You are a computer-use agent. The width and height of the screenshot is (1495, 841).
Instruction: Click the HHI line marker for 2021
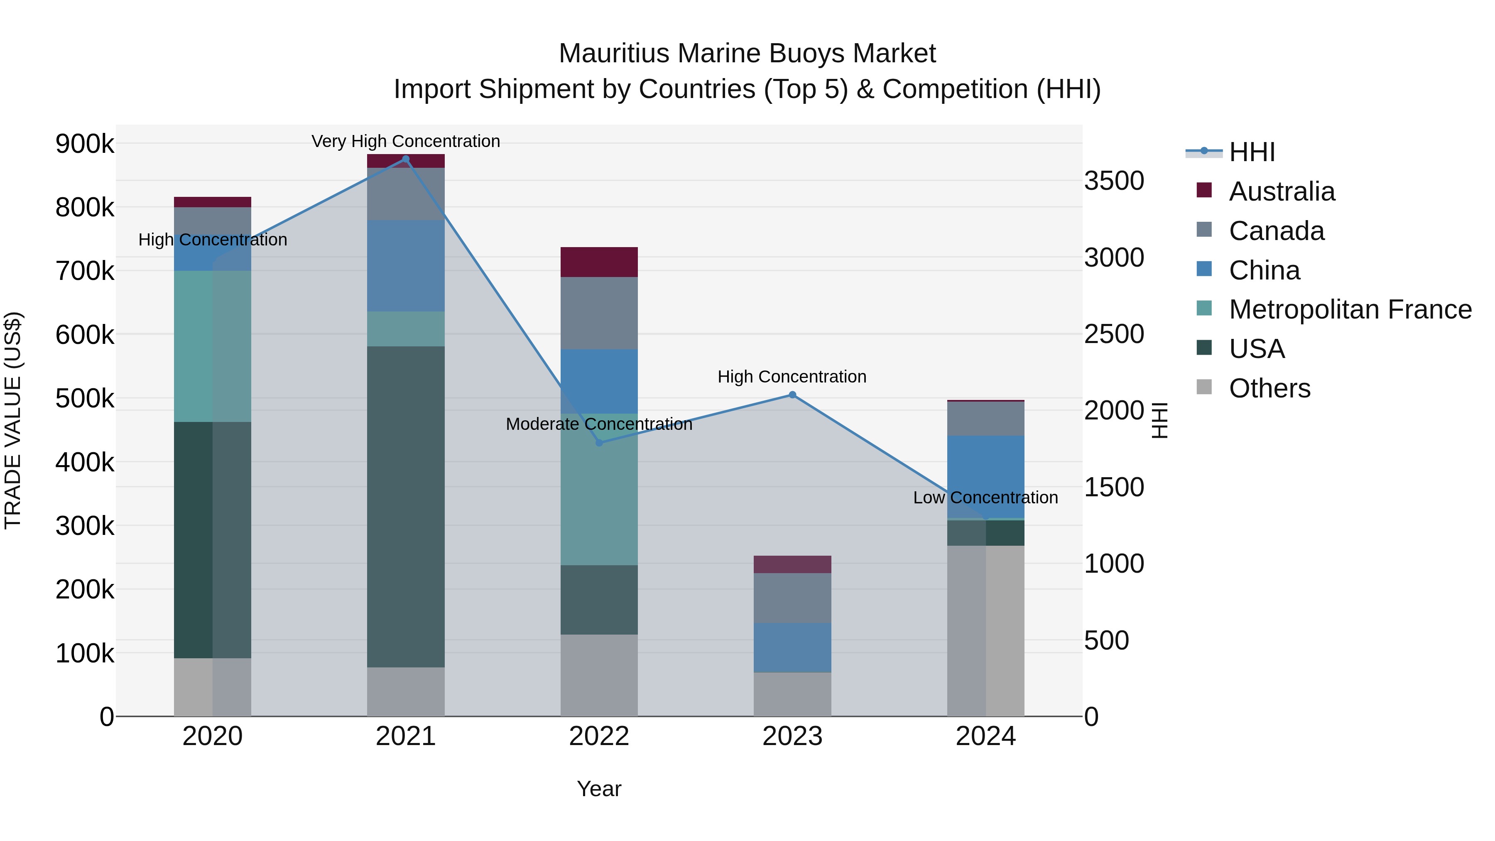[406, 159]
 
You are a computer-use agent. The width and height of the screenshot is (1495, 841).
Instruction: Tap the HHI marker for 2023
[792, 395]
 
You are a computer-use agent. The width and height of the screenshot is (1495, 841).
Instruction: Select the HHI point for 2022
[600, 443]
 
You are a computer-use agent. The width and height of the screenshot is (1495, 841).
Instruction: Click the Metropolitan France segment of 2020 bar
[212, 346]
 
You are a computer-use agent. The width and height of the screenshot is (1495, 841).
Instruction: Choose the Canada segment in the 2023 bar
[792, 598]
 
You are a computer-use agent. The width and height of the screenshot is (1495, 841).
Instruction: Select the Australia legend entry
[1282, 191]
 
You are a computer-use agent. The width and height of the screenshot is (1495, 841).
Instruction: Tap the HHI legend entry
[1251, 152]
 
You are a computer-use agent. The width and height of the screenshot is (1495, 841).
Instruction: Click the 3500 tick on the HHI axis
[1114, 181]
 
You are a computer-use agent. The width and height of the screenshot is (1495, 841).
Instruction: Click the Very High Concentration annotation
[406, 141]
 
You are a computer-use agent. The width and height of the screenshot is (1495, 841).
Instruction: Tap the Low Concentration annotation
[985, 498]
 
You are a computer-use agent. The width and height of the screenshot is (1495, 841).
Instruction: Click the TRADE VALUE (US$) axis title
[13, 420]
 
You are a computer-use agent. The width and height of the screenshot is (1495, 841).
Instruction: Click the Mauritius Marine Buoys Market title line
[747, 54]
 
